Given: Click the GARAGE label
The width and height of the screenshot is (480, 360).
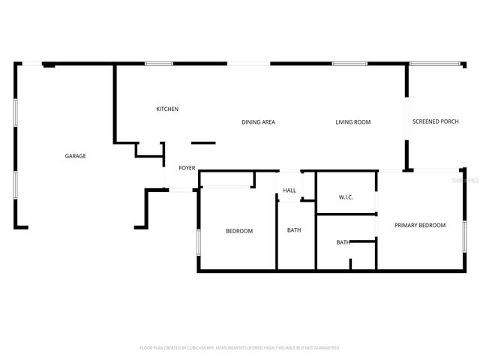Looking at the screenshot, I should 75,156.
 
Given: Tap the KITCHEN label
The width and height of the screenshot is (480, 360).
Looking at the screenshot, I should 167,109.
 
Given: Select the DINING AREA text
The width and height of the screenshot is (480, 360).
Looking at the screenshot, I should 258,121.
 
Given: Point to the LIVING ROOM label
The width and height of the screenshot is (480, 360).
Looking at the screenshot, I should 352,121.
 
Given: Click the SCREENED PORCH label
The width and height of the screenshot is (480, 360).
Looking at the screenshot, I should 435,121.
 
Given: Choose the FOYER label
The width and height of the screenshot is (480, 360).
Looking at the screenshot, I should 187,168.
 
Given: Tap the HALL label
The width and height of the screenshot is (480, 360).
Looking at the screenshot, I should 289,190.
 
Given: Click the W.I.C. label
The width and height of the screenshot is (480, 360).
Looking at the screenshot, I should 346,197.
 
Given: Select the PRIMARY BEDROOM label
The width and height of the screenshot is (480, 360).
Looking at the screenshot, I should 420,225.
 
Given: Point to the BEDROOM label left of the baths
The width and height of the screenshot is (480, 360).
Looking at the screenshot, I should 239,231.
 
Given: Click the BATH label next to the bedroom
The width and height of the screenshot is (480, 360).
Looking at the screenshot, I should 294,229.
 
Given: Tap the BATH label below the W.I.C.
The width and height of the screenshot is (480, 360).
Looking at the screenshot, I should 343,242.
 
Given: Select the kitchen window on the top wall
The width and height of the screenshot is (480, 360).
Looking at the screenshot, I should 157,64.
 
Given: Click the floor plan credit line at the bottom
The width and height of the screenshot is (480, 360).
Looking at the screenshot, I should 240,348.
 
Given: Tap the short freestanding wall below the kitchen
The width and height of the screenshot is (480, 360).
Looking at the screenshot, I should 203,142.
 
